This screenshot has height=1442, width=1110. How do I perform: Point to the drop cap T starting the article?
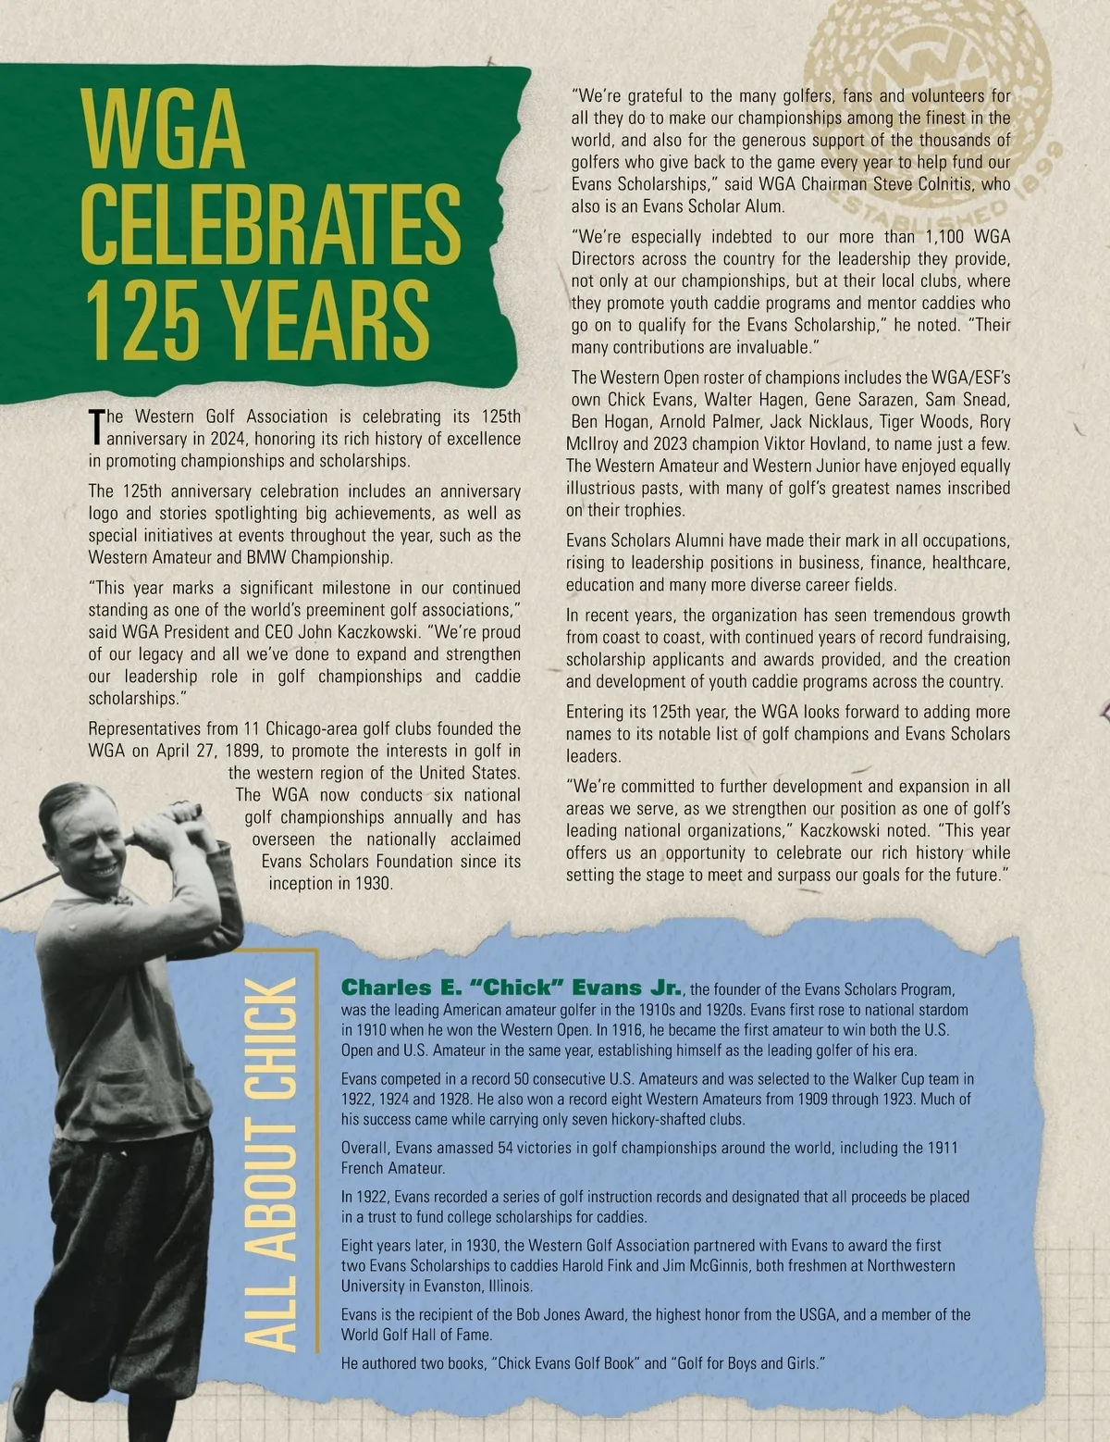click(96, 425)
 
